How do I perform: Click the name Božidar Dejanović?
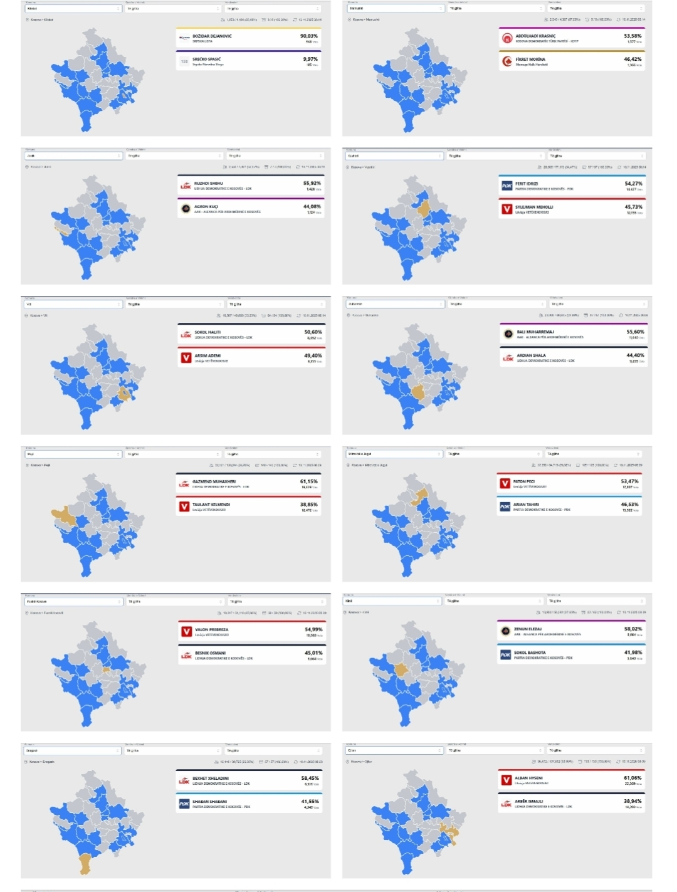[x=212, y=36]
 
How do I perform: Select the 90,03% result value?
[x=309, y=36]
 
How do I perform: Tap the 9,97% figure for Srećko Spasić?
[x=310, y=59]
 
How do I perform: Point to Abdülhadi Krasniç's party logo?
[x=506, y=38]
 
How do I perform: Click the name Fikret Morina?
[x=530, y=59]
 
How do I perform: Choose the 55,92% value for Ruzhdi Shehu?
[x=312, y=184]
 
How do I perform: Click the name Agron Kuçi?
[x=206, y=206]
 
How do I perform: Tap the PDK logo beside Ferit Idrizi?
[x=506, y=186]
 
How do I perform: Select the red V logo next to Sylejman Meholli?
[x=506, y=209]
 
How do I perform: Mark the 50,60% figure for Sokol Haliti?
[x=313, y=332]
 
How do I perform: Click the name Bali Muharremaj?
[x=535, y=332]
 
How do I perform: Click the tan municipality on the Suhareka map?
[x=418, y=392]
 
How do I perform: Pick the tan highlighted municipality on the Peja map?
[x=63, y=517]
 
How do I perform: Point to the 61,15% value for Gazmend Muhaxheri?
[x=308, y=481]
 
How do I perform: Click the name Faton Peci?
[x=523, y=481]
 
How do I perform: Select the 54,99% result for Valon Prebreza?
[x=313, y=629]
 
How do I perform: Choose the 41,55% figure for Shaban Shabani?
[x=310, y=801]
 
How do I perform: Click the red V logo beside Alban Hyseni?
[x=506, y=780]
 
